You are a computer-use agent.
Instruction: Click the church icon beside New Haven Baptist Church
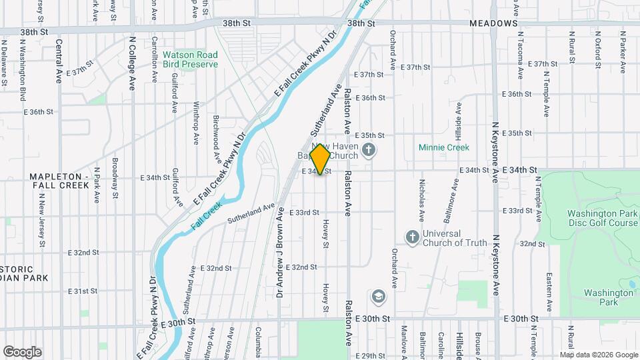(369, 150)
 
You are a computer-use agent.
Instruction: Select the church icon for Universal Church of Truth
(412, 237)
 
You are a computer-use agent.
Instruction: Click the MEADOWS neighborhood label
(493, 23)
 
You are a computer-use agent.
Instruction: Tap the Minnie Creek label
(444, 147)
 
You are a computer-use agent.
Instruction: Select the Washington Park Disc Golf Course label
(603, 219)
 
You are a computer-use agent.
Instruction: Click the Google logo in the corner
(22, 351)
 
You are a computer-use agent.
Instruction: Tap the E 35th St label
(370, 135)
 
